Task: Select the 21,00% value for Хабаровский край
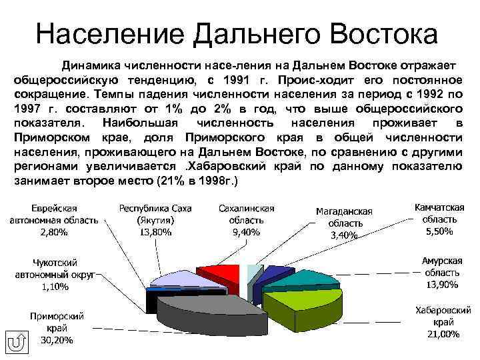coord(439,334)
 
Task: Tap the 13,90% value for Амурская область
coord(441,285)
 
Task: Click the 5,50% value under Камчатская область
coord(439,231)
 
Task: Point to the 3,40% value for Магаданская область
coord(344,235)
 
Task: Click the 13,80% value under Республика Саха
coord(155,232)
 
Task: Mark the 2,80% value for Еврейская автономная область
coord(53,232)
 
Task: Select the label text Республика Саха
coord(155,208)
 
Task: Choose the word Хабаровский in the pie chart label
coord(439,310)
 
